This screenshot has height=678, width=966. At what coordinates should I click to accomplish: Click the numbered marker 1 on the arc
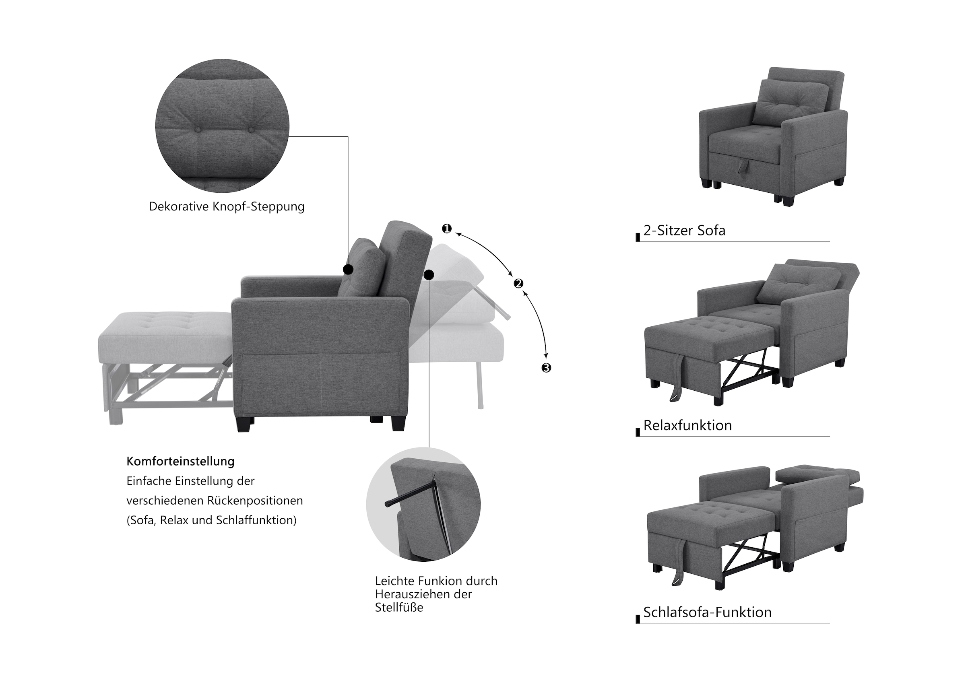tap(446, 229)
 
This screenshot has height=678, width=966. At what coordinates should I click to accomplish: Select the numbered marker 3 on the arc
tap(546, 368)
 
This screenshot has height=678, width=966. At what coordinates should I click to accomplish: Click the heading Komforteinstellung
tap(180, 462)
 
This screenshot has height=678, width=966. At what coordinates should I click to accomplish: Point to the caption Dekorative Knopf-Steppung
tap(227, 207)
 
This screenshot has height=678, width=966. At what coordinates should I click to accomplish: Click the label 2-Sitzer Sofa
tap(685, 231)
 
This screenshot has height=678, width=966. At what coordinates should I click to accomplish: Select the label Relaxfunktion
tap(688, 425)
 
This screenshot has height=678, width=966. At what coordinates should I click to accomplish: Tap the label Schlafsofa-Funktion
tap(708, 612)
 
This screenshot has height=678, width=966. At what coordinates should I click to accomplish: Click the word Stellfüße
tap(399, 607)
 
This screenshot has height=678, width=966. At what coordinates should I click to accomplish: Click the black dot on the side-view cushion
tap(348, 269)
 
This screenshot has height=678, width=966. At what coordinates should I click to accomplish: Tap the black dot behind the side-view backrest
tap(429, 275)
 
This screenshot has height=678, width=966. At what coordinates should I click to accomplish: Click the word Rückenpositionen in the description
tap(255, 501)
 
